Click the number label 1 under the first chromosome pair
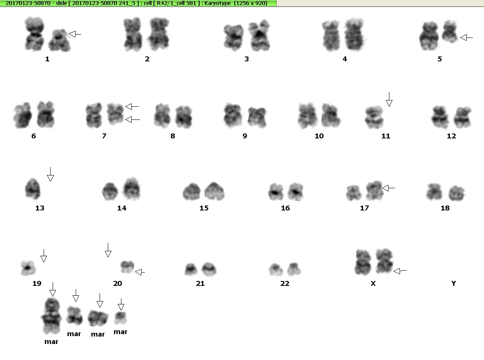(x=47, y=59)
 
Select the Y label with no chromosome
(x=454, y=283)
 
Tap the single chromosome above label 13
(x=33, y=189)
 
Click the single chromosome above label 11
(x=374, y=117)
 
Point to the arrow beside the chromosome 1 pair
(x=75, y=34)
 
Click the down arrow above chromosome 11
(x=389, y=99)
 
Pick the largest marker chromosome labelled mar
(x=51, y=316)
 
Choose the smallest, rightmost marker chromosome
(x=120, y=318)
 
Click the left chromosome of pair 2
(x=133, y=34)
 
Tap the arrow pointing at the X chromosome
(x=400, y=271)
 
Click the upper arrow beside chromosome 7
(x=132, y=106)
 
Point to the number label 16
(x=286, y=208)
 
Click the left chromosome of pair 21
(x=191, y=269)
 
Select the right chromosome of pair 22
(x=294, y=269)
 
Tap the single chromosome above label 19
(x=28, y=268)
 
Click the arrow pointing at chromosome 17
(x=389, y=188)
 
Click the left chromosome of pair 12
(x=440, y=117)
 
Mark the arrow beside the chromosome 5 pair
(x=466, y=38)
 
